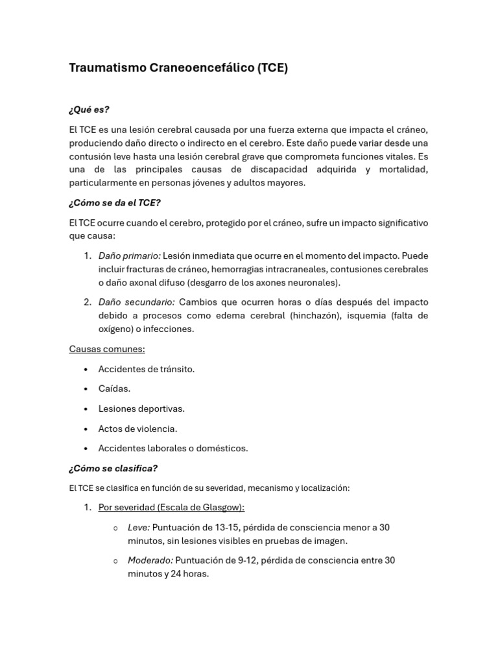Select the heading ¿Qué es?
pos(89,110)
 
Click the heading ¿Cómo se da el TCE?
pos(114,203)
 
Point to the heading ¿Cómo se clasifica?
pos(113,468)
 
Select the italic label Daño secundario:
pos(136,302)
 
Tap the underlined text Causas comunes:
pos(107,349)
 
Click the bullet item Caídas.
pos(114,388)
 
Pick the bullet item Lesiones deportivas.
pos(141,409)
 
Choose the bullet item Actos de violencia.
pos(137,429)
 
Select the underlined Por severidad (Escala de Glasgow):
pos(171,507)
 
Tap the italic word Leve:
pos(139,527)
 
